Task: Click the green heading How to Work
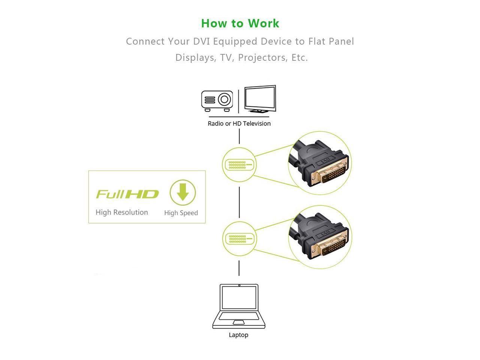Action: (x=240, y=23)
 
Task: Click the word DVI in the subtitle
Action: (x=202, y=41)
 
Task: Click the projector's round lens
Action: (x=224, y=100)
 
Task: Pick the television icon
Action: (x=260, y=99)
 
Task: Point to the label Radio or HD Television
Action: (x=239, y=124)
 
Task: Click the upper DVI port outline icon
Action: (x=239, y=164)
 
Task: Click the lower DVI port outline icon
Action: (x=239, y=238)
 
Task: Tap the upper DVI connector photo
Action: (x=320, y=163)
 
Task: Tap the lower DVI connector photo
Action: (x=320, y=237)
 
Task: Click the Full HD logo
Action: (x=127, y=194)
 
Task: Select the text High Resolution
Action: (x=122, y=212)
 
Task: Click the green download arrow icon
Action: (x=183, y=193)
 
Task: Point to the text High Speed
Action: (x=181, y=213)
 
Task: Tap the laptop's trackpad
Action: (x=238, y=322)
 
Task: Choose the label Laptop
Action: (x=238, y=335)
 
